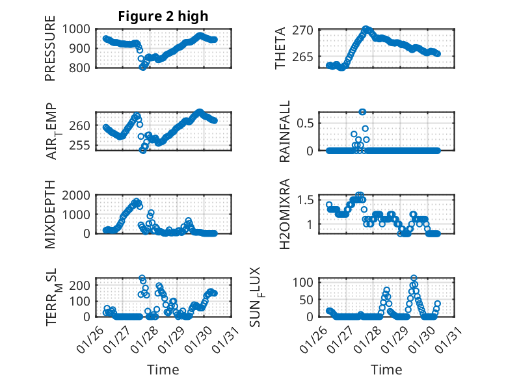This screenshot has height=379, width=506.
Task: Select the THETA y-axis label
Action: coord(280,48)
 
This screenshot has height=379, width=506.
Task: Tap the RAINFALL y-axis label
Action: coord(284,132)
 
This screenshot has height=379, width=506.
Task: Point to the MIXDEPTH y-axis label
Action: coord(50,215)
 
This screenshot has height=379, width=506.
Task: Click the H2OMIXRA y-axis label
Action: coord(284,215)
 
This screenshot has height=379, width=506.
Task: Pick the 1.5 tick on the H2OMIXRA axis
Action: coord(309,200)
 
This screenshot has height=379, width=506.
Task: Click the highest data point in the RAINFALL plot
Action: coord(362,112)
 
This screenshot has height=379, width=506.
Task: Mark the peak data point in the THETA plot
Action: coord(366,29)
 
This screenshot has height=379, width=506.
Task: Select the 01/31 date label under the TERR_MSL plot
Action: coord(222,339)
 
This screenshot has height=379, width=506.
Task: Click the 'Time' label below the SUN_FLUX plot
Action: coord(387,369)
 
